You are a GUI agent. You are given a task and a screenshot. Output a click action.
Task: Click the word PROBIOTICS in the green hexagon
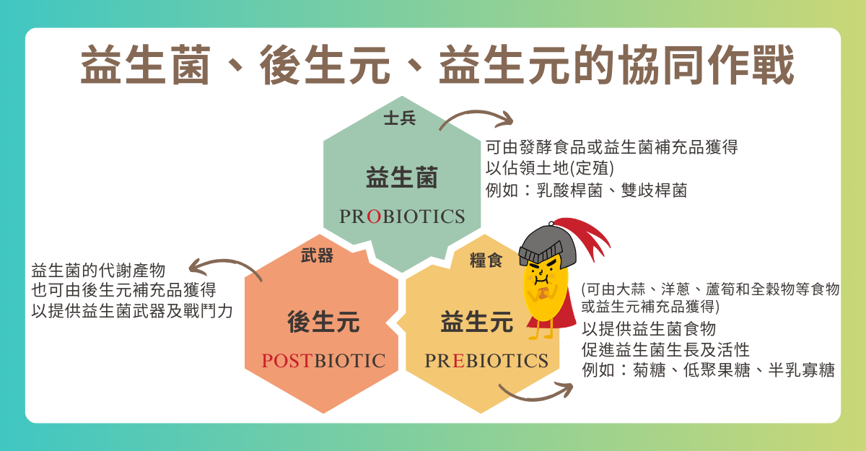(402, 216)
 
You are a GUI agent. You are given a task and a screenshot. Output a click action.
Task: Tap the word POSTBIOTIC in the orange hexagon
(323, 361)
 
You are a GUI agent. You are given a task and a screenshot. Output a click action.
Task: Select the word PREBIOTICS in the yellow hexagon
(486, 361)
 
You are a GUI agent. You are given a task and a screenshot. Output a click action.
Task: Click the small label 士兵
(400, 118)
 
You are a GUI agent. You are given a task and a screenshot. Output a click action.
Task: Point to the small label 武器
(317, 255)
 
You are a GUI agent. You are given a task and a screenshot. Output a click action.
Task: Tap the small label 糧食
(486, 260)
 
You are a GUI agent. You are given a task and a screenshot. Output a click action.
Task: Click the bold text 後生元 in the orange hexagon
(323, 322)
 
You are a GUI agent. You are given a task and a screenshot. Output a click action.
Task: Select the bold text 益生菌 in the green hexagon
(402, 178)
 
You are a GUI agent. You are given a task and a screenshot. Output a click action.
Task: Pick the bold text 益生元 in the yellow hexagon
(477, 322)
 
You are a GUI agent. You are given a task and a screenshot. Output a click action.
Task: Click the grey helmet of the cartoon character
(547, 245)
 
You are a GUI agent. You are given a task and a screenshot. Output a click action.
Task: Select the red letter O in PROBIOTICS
(374, 216)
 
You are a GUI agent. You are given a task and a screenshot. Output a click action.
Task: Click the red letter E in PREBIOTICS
(458, 361)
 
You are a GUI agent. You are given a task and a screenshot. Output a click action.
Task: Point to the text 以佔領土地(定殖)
(550, 168)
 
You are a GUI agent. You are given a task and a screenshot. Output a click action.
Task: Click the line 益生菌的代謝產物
(98, 270)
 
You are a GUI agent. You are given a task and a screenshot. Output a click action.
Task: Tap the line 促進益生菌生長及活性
(665, 349)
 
